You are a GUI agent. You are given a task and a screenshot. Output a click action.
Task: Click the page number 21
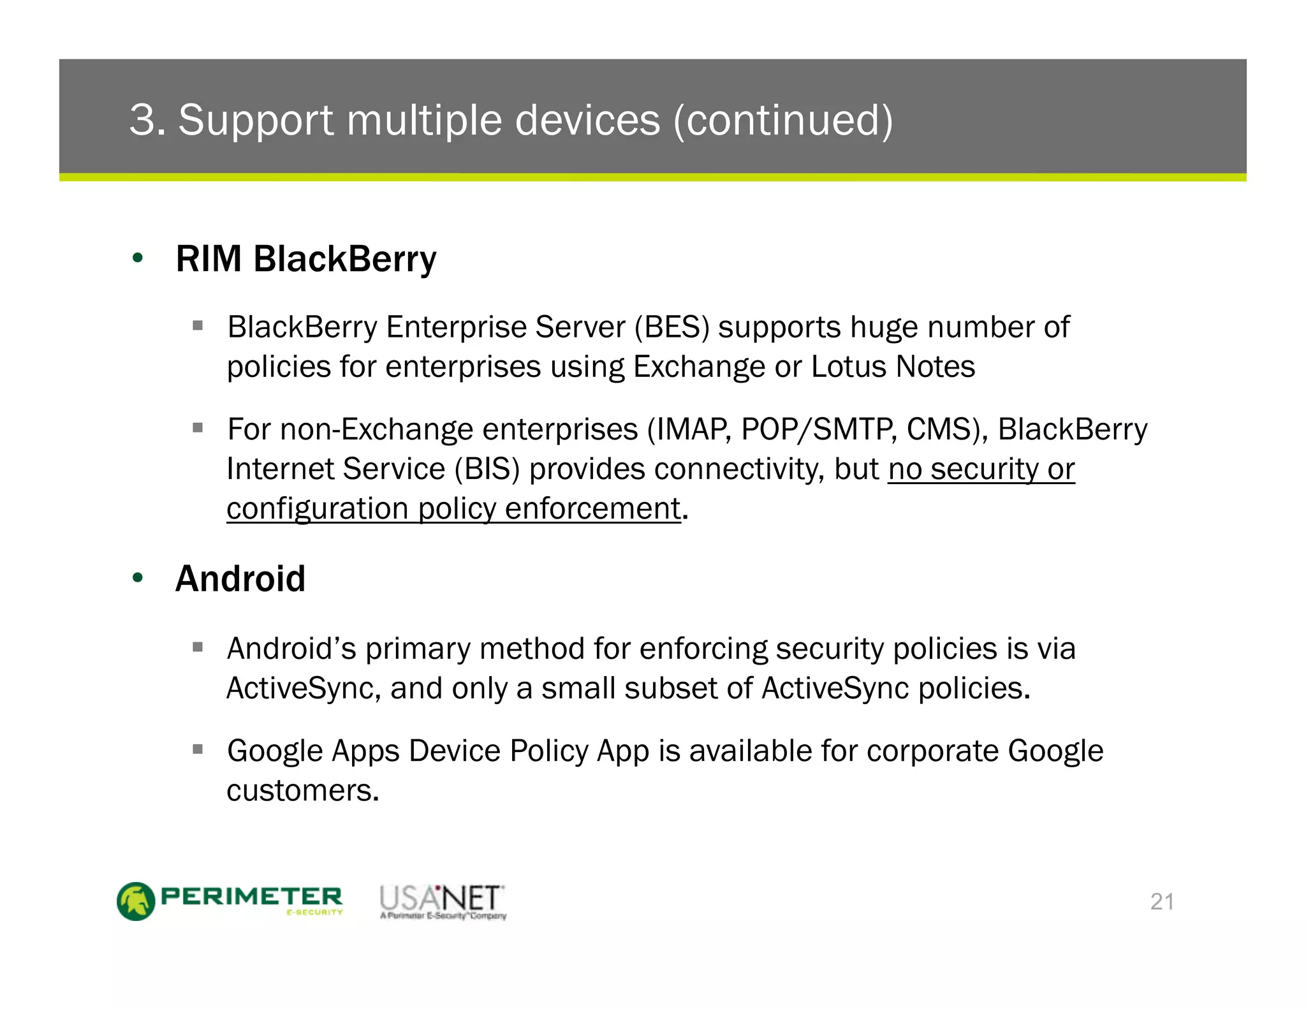click(1162, 902)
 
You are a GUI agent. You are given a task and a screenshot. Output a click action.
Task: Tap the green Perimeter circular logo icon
click(136, 901)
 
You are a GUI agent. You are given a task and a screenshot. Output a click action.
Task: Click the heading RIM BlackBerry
click(306, 259)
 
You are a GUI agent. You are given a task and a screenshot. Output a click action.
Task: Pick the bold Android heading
click(240, 578)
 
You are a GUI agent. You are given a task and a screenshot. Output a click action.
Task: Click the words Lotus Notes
click(893, 367)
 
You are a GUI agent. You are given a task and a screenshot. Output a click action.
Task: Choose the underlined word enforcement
click(592, 509)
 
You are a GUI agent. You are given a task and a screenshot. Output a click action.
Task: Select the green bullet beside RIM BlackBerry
click(138, 258)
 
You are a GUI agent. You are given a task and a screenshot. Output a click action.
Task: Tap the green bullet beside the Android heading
click(138, 578)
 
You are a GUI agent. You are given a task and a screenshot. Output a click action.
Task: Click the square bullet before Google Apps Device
click(198, 749)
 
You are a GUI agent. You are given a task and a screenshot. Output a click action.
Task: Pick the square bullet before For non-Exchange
click(198, 427)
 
